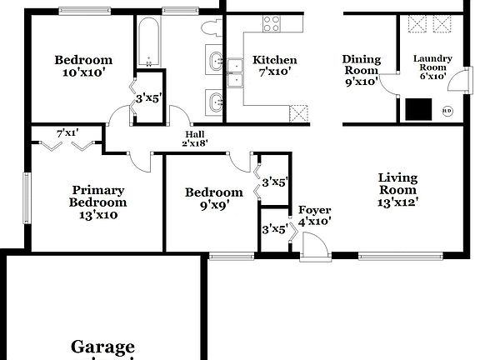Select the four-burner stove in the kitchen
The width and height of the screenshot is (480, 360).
pos(272,24)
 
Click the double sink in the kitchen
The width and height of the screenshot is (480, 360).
pos(234,72)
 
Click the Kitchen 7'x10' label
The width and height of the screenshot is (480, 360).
pos(275,66)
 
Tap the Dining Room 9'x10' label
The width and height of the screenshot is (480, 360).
pos(362,71)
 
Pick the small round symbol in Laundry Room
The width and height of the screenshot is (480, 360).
pos(447,109)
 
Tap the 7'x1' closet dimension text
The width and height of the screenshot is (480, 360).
pos(66,132)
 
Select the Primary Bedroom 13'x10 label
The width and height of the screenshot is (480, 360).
pos(98,202)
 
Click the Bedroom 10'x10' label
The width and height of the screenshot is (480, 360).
pos(83,66)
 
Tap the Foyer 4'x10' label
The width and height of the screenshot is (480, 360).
pos(314,216)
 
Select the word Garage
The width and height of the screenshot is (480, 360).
pos(102,347)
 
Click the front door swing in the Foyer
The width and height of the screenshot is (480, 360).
pos(314,247)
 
